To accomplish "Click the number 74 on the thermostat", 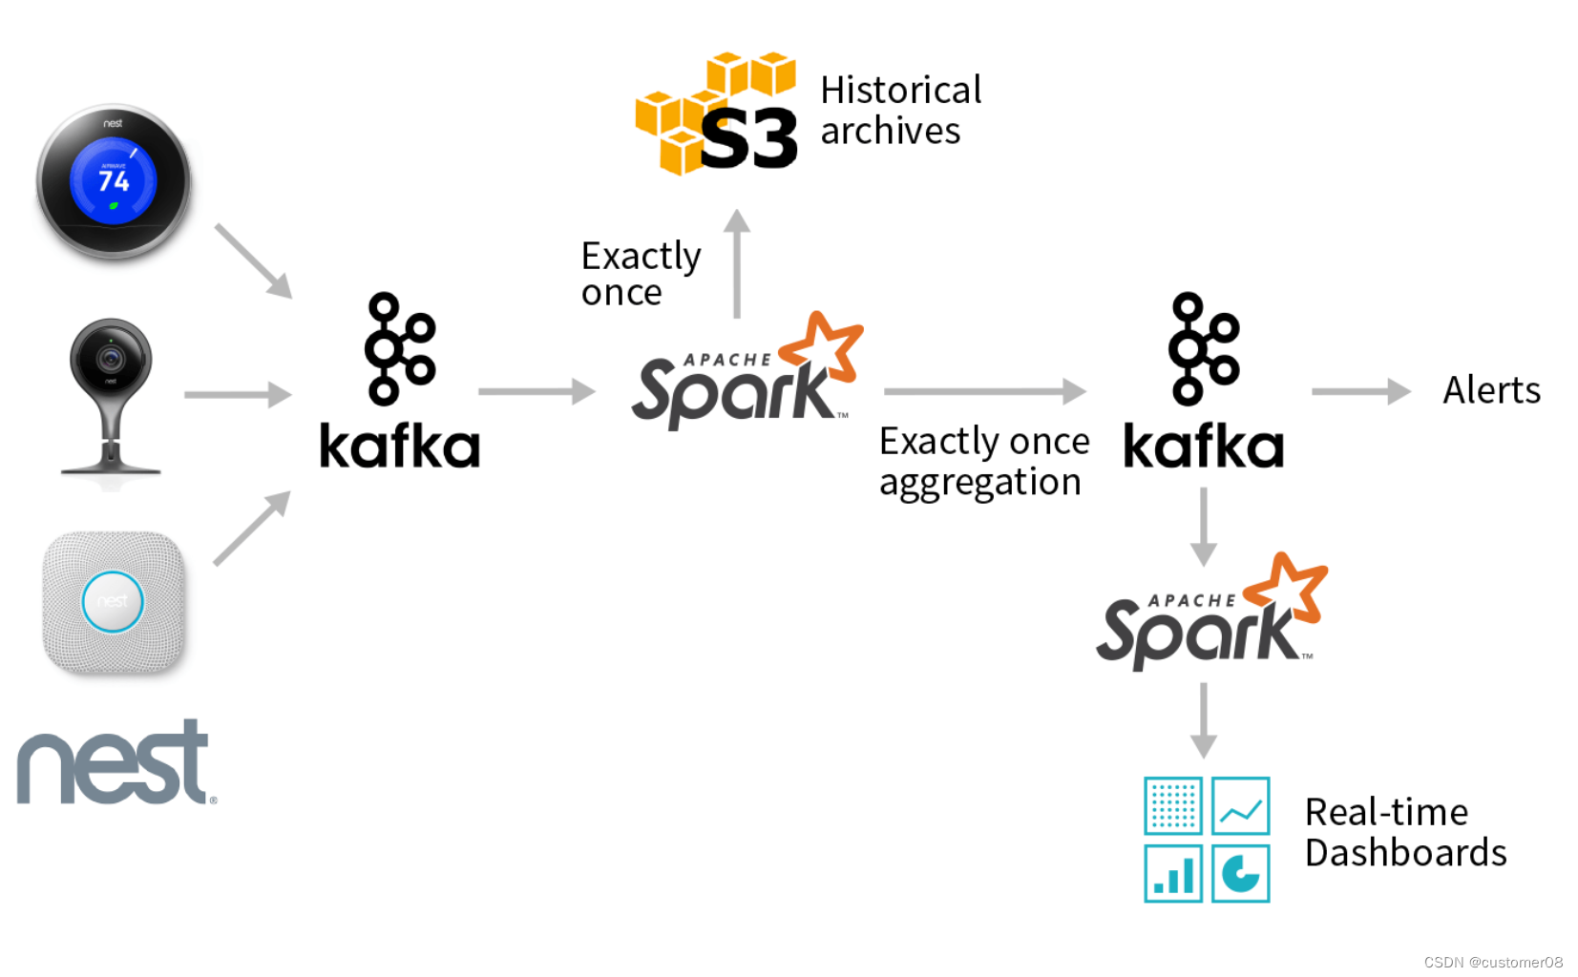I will [114, 180].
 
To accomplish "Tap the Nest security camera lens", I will [111, 359].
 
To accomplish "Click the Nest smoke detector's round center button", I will [113, 601].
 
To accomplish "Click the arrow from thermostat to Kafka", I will [253, 260].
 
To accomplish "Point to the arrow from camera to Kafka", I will [238, 394].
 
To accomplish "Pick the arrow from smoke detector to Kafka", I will [251, 529].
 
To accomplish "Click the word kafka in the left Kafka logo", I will [399, 446].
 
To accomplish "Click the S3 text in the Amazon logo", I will [748, 139].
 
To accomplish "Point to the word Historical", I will [900, 90].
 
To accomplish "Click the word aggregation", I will [979, 483].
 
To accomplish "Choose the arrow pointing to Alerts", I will [1360, 391].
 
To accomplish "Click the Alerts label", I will [1491, 390].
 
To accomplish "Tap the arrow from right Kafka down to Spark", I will [1203, 527].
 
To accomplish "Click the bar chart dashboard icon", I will [1173, 873].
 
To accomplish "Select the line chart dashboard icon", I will [1240, 806].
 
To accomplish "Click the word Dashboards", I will [1405, 852].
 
